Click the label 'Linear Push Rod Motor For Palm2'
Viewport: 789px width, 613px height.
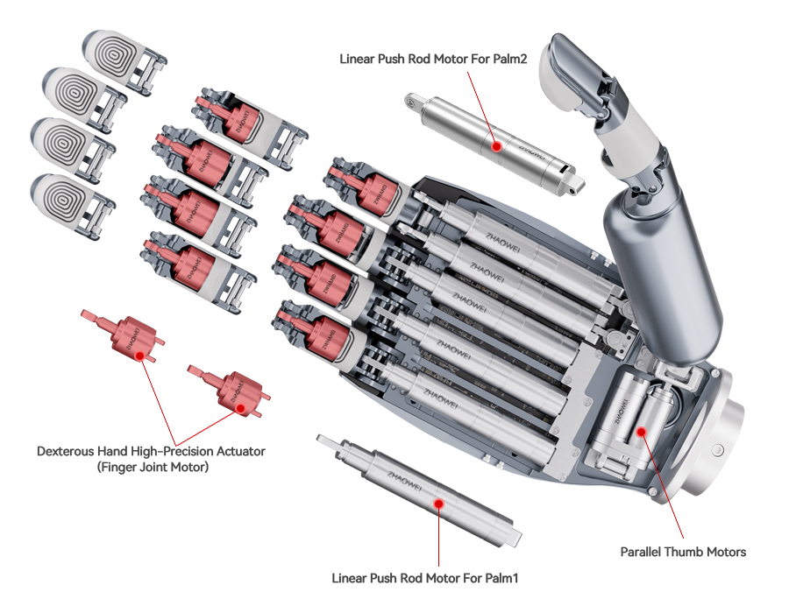pyautogui.click(x=428, y=59)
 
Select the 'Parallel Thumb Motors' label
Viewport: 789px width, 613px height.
pyautogui.click(x=683, y=552)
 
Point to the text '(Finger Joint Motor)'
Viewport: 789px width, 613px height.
pyautogui.click(x=150, y=469)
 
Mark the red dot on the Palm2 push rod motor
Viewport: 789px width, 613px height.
pyautogui.click(x=497, y=146)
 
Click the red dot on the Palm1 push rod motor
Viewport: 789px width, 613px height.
pyautogui.click(x=437, y=503)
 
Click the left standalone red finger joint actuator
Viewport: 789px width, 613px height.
pyautogui.click(x=126, y=337)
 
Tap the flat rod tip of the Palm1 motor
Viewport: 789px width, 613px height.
pyautogui.click(x=332, y=441)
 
